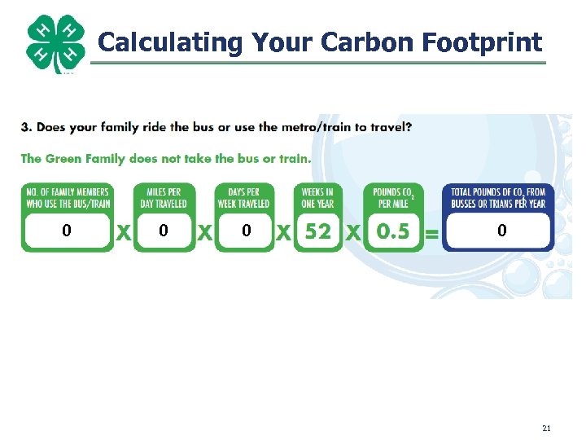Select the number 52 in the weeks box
(x=318, y=231)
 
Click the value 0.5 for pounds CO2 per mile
(x=393, y=231)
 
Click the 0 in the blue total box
(x=501, y=231)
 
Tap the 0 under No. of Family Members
(x=67, y=231)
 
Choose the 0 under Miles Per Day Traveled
(x=164, y=231)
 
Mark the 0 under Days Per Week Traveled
(x=246, y=231)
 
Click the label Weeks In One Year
(x=317, y=198)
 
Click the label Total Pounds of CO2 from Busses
(x=497, y=198)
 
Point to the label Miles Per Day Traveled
(x=164, y=198)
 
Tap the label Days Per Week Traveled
(x=243, y=198)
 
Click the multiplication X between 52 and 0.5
(x=353, y=233)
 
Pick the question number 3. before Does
(x=26, y=127)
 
